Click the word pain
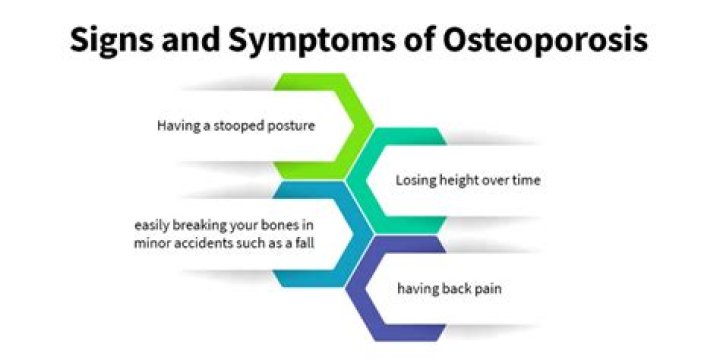click(x=484, y=289)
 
